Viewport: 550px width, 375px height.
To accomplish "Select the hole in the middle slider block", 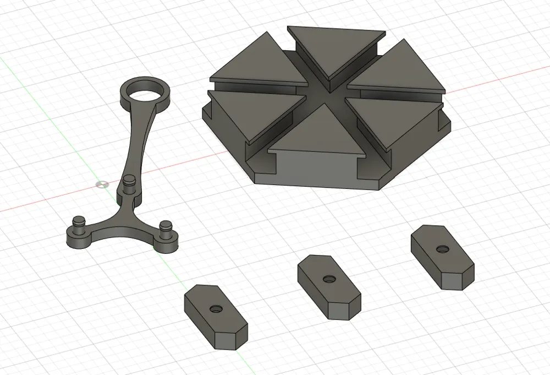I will point(328,280).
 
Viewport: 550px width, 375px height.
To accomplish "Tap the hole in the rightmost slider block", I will point(442,249).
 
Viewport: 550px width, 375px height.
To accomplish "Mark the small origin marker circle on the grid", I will point(101,184).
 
